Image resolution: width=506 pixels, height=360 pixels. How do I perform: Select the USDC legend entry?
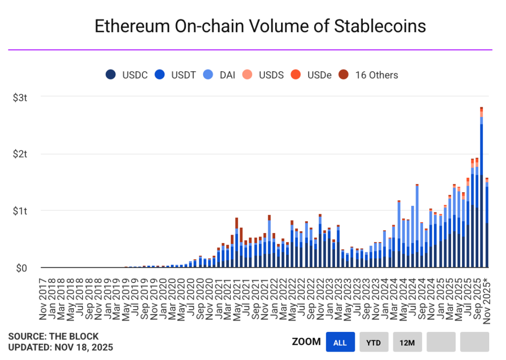tap(126, 75)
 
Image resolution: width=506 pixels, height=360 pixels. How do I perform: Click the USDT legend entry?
tap(175, 75)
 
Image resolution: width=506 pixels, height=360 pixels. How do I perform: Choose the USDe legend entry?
tap(311, 75)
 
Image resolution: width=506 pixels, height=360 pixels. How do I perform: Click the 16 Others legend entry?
tap(368, 75)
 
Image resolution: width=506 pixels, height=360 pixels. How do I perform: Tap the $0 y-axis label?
tap(22, 268)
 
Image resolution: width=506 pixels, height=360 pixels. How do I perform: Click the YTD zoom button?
tap(374, 342)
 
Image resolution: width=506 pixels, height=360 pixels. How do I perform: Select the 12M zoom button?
tap(407, 342)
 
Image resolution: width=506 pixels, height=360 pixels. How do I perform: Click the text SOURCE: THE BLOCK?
tap(53, 336)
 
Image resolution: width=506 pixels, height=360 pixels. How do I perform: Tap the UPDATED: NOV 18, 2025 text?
tap(60, 347)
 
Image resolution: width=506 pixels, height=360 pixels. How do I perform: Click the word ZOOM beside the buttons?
tap(306, 342)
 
